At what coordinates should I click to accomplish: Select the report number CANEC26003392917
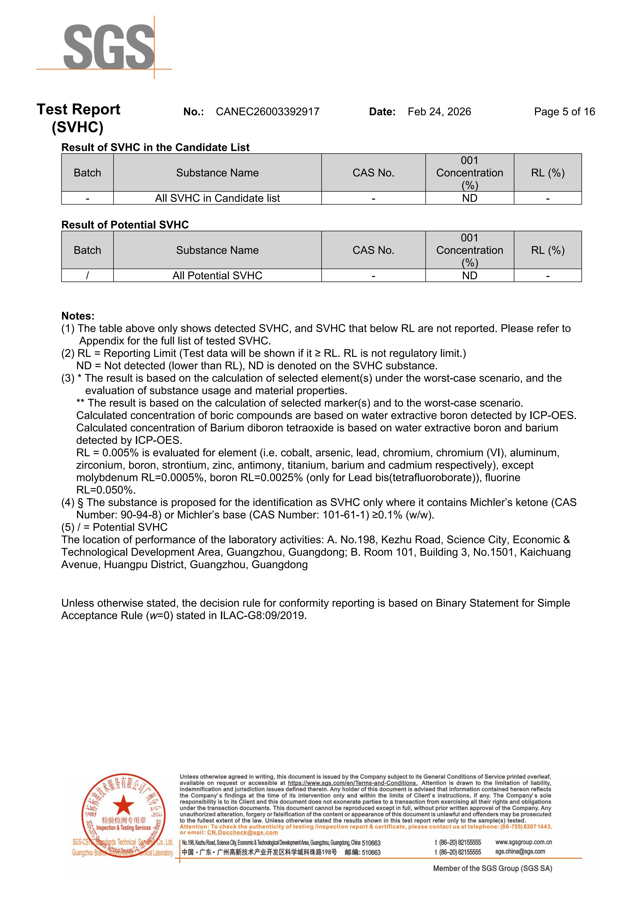click(x=267, y=112)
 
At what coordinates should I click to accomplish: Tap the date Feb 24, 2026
click(x=439, y=112)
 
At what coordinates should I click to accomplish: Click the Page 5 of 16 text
click(x=564, y=112)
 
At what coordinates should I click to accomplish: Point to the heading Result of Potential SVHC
click(x=125, y=225)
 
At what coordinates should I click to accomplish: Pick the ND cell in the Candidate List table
click(x=469, y=198)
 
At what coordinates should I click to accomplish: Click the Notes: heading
click(x=78, y=316)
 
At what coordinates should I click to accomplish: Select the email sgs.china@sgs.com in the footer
click(x=520, y=851)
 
